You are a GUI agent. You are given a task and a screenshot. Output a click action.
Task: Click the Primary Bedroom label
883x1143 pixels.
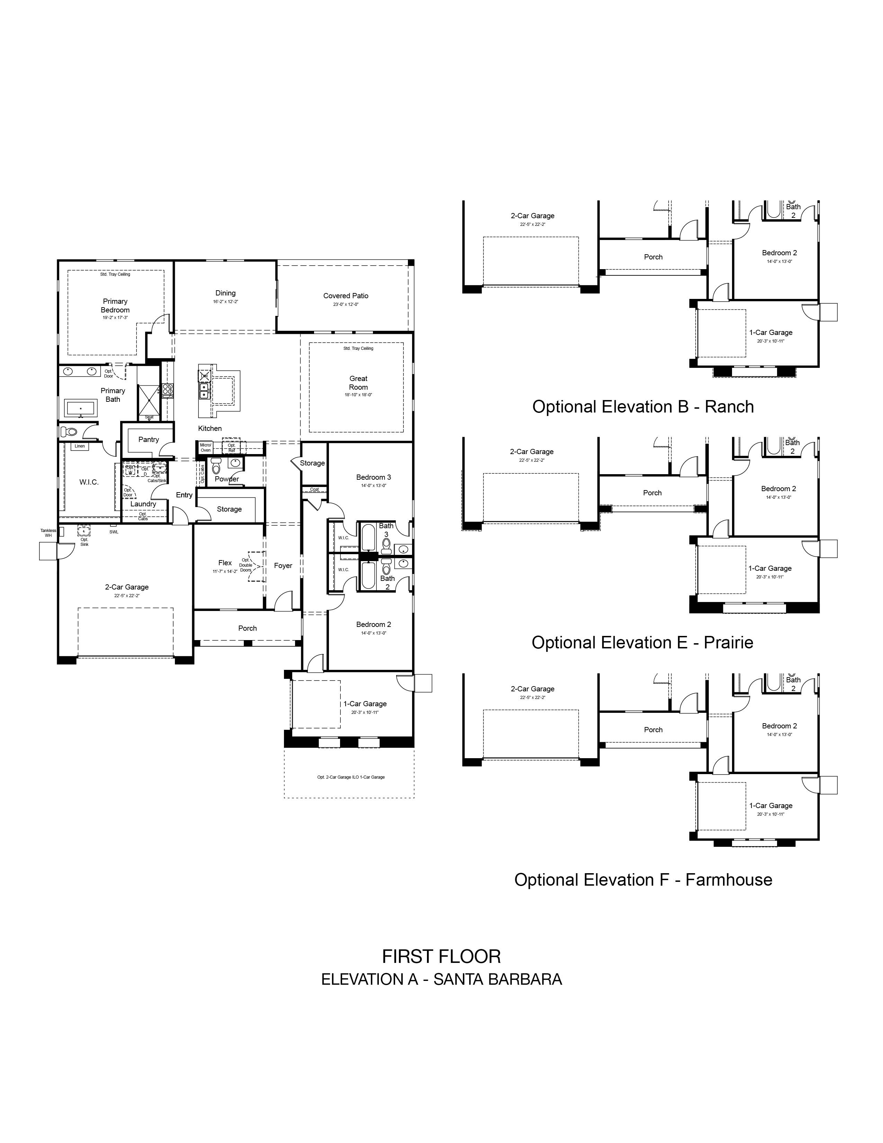(x=115, y=305)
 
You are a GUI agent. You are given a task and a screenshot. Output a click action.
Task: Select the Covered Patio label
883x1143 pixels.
(x=346, y=296)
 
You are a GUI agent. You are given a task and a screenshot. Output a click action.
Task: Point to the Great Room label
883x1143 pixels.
(x=358, y=383)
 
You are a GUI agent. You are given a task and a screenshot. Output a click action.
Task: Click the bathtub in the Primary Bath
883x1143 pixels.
(x=81, y=408)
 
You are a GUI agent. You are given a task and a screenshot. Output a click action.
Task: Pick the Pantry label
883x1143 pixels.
(x=149, y=440)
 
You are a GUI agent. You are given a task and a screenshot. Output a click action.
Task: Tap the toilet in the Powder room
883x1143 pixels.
(x=216, y=465)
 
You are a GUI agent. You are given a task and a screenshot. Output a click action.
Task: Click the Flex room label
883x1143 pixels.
(x=225, y=562)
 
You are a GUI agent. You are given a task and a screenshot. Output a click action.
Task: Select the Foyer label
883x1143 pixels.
(x=283, y=565)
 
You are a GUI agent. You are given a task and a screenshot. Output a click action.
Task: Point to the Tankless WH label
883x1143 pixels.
(x=48, y=533)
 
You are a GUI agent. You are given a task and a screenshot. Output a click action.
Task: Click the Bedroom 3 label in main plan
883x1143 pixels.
(x=374, y=477)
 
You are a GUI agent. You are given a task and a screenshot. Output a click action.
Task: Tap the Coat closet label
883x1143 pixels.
(x=314, y=489)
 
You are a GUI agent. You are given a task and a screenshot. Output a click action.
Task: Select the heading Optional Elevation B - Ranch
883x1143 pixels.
(x=643, y=407)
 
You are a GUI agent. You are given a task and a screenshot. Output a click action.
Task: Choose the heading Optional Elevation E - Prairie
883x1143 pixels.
(x=642, y=643)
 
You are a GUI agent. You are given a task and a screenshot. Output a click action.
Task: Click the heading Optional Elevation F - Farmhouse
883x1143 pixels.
(x=643, y=880)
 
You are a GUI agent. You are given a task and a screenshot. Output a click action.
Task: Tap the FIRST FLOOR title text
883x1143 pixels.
(x=441, y=957)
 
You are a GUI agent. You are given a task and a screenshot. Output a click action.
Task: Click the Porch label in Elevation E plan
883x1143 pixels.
(x=652, y=493)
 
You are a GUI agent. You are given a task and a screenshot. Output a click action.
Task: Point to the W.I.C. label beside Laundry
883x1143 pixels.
(x=89, y=482)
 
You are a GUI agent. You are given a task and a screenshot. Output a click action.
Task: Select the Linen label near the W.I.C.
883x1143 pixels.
(x=80, y=446)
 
